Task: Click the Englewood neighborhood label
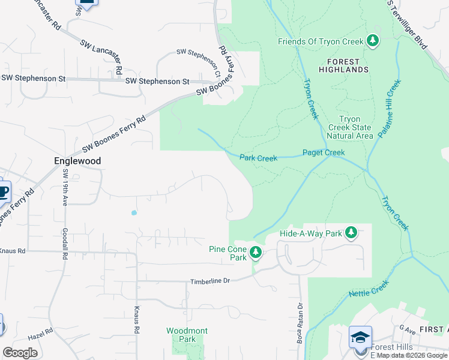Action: pyautogui.click(x=77, y=161)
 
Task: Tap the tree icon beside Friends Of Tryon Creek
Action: pyautogui.click(x=373, y=41)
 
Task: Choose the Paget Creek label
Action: pyautogui.click(x=324, y=153)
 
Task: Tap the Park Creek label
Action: pyautogui.click(x=258, y=158)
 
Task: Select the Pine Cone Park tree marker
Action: pyautogui.click(x=256, y=253)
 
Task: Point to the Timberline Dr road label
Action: pyautogui.click(x=210, y=281)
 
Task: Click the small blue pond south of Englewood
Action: pyautogui.click(x=133, y=212)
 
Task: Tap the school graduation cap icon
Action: pyautogui.click(x=360, y=337)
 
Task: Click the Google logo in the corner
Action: pyautogui.click(x=20, y=352)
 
